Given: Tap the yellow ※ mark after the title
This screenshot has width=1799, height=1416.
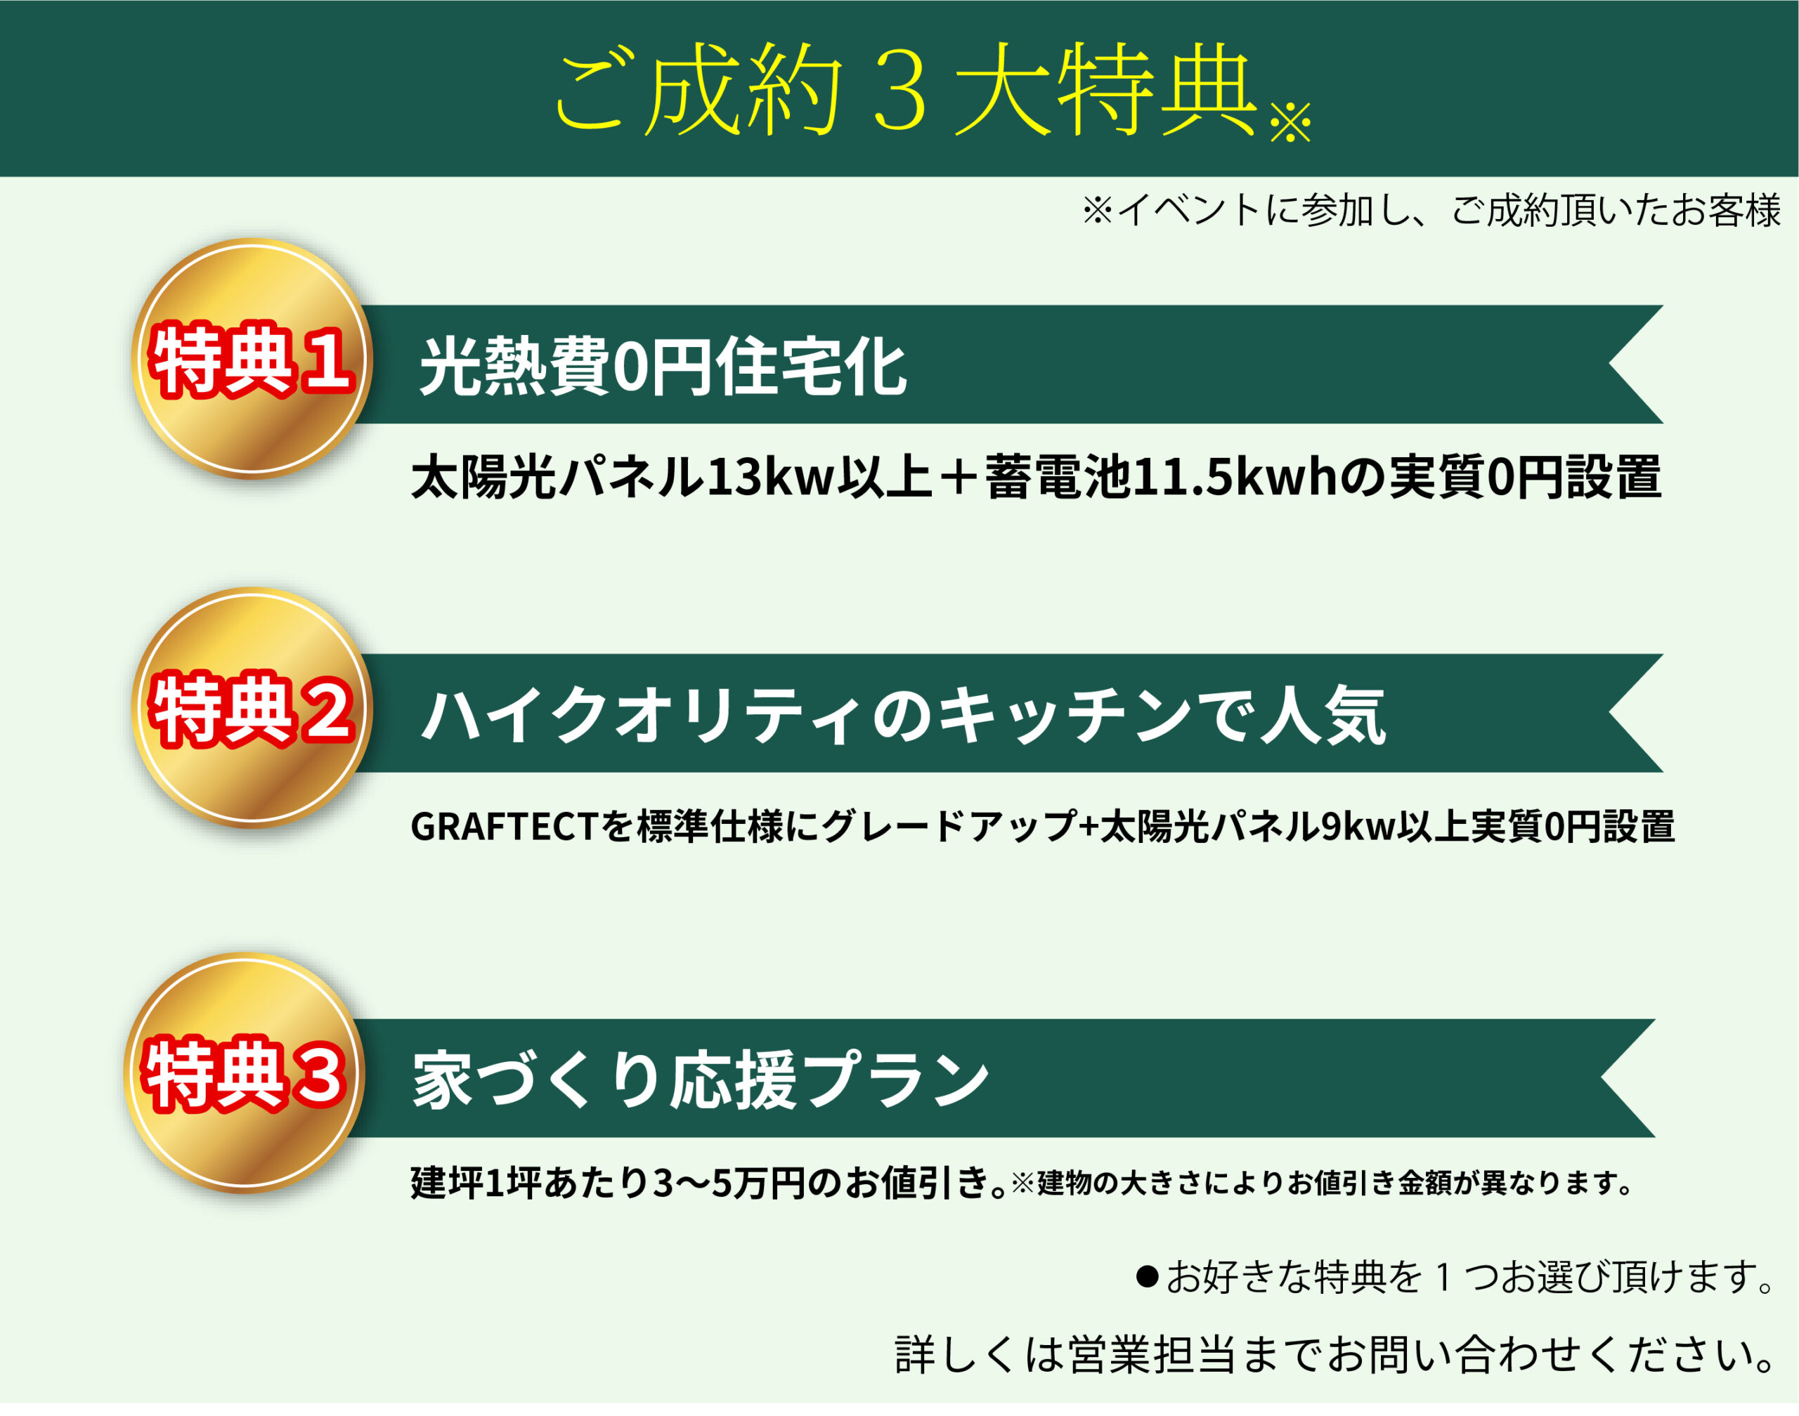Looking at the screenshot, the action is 1290,123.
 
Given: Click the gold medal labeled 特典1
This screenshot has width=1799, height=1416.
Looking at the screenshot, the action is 252,359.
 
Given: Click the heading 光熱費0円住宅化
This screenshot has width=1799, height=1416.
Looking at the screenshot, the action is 663,367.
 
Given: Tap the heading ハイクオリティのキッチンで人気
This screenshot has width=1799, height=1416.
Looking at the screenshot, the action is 904,714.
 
